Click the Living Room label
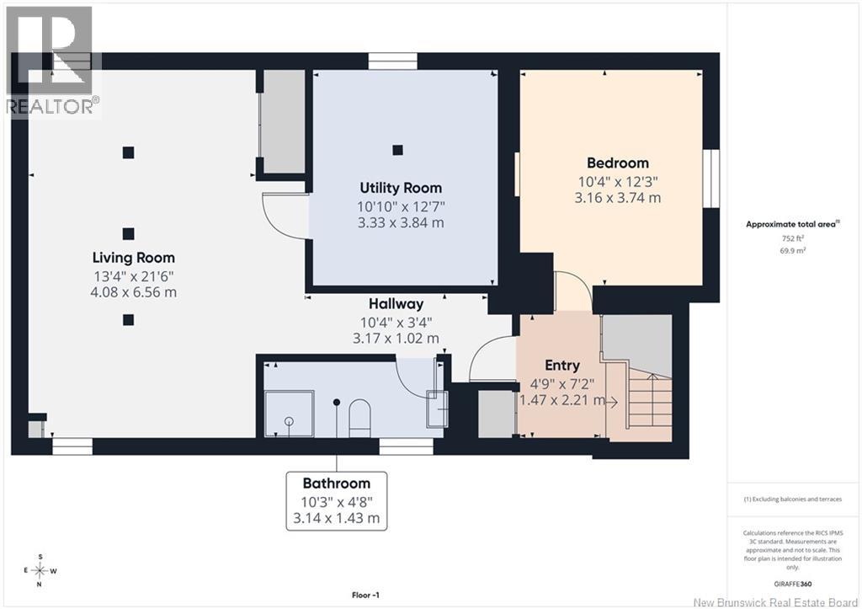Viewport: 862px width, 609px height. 134,258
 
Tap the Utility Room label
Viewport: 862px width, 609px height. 401,188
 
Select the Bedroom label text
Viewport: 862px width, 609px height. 618,163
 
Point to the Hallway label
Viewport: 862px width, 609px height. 396,304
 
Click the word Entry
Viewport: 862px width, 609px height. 561,366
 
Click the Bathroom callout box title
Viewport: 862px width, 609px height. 337,483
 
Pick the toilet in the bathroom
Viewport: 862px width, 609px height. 359,418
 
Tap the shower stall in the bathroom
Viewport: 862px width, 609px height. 290,414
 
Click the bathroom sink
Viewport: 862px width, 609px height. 438,409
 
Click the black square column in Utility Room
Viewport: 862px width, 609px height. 397,150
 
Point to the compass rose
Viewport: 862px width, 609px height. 40,570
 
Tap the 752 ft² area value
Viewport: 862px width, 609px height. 793,238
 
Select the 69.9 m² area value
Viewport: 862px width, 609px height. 793,250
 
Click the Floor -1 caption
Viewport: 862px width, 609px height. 365,595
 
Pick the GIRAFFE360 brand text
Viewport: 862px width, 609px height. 792,585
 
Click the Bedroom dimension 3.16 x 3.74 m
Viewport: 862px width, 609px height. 618,197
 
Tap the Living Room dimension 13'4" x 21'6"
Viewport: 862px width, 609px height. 134,275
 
